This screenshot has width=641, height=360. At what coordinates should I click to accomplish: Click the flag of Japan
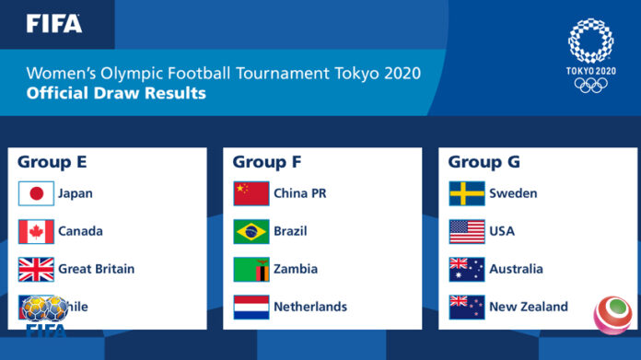(x=37, y=193)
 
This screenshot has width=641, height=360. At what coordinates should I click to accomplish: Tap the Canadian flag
(x=37, y=231)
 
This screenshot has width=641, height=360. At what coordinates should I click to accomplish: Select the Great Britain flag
(x=37, y=269)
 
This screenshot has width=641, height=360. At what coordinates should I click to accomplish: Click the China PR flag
(x=251, y=193)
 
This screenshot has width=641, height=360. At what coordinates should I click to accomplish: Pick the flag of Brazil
(x=251, y=231)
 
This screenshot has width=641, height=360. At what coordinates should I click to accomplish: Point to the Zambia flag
(x=251, y=269)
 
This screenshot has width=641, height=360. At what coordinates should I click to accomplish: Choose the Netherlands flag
(x=251, y=307)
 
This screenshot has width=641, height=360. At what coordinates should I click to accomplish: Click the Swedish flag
(x=467, y=193)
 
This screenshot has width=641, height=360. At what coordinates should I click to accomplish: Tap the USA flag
(x=467, y=231)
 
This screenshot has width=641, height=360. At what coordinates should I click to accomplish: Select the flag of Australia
(x=467, y=269)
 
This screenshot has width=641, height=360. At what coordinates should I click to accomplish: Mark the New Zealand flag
(x=467, y=307)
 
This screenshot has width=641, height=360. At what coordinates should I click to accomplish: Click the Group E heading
(x=52, y=162)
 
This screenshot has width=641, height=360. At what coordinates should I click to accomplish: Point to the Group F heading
(x=267, y=162)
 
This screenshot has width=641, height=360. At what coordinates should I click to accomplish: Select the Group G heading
(x=484, y=162)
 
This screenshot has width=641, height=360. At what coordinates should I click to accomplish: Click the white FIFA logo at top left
(x=53, y=23)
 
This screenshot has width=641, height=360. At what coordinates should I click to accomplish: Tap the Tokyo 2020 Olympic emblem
(x=591, y=55)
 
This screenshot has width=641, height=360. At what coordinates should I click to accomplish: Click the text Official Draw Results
(x=116, y=93)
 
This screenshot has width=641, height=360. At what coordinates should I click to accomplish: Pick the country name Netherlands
(x=310, y=307)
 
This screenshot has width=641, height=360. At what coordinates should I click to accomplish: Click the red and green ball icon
(x=612, y=313)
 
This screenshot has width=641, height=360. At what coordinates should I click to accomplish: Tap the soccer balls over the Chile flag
(x=44, y=308)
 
